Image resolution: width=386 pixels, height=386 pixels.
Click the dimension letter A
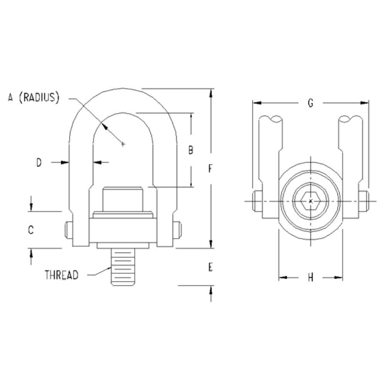tap(10, 97)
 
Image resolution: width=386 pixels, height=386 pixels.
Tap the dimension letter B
tap(191, 150)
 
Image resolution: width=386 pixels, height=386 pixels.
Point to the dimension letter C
tap(31, 230)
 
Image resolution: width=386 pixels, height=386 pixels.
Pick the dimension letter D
tap(39, 163)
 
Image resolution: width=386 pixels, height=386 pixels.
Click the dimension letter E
tap(210, 267)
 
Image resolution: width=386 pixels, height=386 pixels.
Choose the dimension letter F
tap(210, 169)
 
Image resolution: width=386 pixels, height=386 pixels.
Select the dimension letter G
tap(311, 103)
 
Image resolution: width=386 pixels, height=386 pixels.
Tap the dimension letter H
tap(311, 278)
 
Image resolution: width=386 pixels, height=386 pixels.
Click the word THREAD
tap(61, 275)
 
